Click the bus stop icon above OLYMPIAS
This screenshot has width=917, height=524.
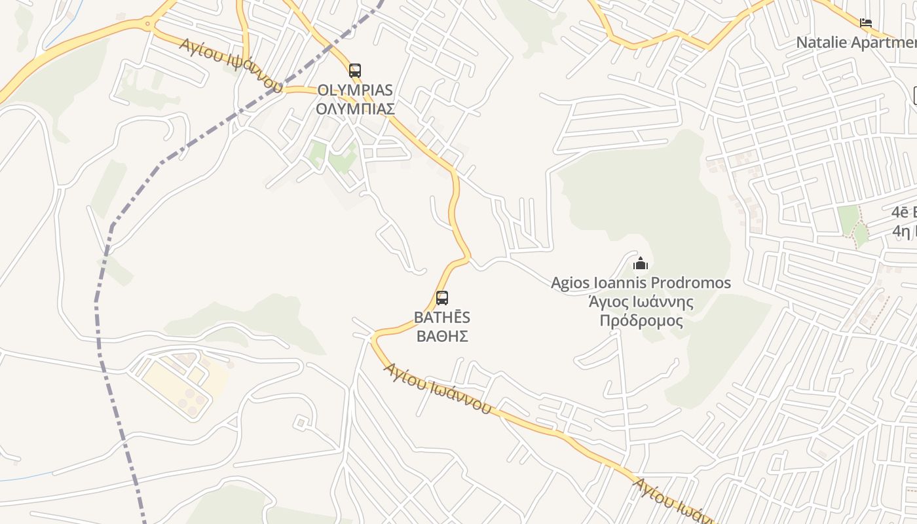point(355,71)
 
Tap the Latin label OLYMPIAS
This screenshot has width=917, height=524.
point(355,90)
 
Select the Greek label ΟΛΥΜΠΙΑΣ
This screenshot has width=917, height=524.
point(355,108)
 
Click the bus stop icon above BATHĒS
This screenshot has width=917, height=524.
point(442,298)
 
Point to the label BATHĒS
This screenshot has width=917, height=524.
point(442,318)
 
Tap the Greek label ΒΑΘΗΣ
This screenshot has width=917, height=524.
point(442,336)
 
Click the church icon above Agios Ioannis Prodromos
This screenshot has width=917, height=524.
point(641,264)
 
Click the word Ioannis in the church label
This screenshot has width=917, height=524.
point(620,283)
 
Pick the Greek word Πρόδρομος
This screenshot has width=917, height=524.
point(641,321)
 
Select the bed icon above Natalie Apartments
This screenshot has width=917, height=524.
point(866,23)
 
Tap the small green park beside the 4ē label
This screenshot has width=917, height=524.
point(849,219)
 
